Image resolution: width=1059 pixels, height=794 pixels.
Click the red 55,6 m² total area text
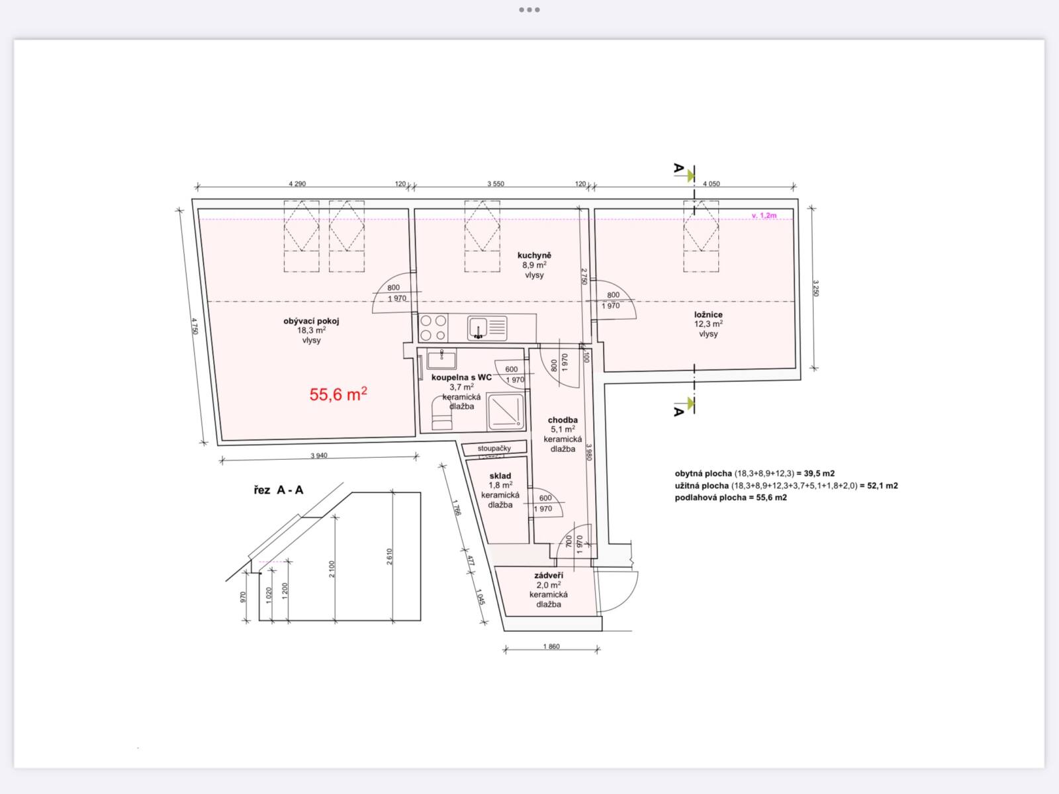[338, 394]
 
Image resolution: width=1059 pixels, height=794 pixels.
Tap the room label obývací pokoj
[311, 321]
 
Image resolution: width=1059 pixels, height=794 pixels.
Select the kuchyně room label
[534, 255]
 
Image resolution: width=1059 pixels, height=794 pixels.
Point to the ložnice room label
[708, 314]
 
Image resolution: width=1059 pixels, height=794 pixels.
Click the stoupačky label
[494, 449]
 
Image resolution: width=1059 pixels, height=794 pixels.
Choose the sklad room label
[500, 476]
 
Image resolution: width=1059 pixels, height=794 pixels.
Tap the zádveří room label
[549, 575]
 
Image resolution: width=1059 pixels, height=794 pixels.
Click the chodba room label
[563, 420]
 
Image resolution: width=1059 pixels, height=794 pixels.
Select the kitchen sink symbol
[486, 328]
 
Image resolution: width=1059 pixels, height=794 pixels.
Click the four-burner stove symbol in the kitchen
[434, 328]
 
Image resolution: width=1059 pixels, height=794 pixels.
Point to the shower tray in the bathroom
[505, 411]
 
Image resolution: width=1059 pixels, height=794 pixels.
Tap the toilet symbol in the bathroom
[442, 413]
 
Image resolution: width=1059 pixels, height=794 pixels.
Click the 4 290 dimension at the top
[297, 184]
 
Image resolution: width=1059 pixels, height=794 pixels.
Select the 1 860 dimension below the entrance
[551, 646]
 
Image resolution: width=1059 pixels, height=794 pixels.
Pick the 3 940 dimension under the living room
[319, 456]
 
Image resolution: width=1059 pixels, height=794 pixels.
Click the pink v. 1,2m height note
[764, 216]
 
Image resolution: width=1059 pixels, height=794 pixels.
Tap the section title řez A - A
[279, 490]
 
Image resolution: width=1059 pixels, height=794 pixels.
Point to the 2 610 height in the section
[389, 557]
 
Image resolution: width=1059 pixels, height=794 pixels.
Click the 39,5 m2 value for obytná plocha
[819, 473]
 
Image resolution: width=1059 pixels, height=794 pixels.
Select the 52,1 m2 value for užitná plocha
[882, 486]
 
